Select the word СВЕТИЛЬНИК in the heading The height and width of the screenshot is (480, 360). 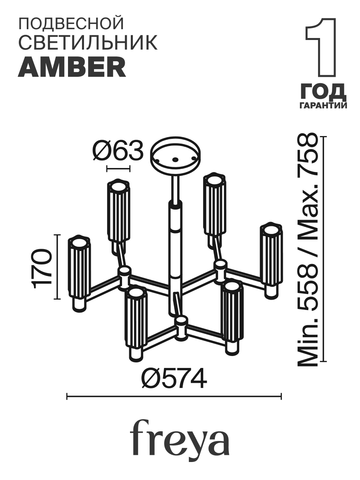click(x=88, y=43)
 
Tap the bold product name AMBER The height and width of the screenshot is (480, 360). click(x=72, y=67)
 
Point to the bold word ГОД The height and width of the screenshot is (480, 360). click(x=322, y=92)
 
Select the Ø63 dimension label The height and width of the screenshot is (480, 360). click(x=118, y=151)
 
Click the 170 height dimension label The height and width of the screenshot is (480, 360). click(x=42, y=268)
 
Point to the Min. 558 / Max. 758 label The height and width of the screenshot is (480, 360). click(x=307, y=250)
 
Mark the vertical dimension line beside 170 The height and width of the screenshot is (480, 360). click(x=58, y=267)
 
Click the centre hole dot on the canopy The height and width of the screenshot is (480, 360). click(x=175, y=159)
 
